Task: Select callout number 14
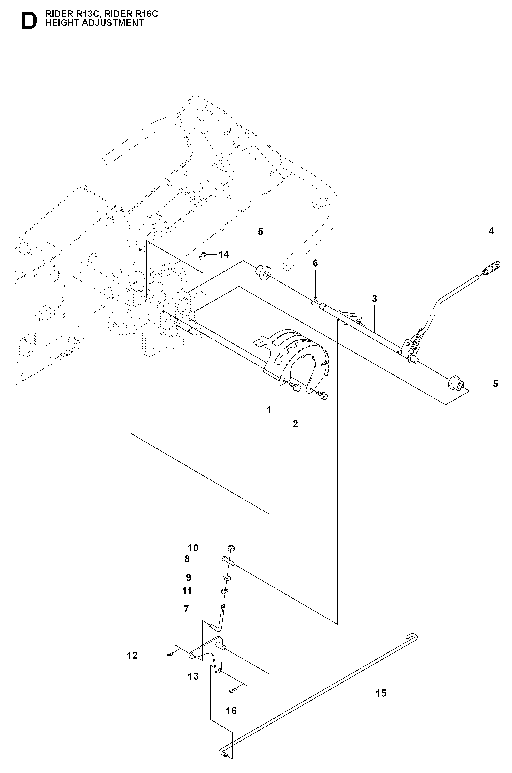[x=224, y=254]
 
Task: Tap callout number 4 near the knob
[x=491, y=231]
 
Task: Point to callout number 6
[x=315, y=263]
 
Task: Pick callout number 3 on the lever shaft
[x=375, y=299]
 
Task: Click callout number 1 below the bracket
[x=269, y=410]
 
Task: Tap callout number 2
[x=295, y=424]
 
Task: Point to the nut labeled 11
[x=225, y=591]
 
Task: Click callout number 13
[x=193, y=676]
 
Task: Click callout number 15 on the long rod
[x=381, y=693]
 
